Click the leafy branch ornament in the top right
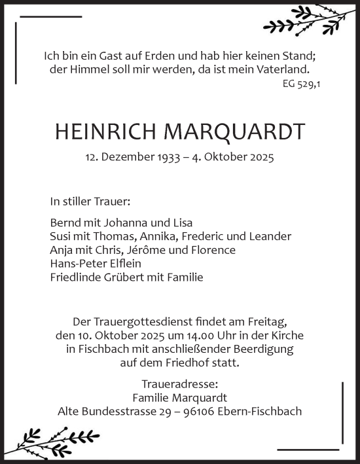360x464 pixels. click(x=300, y=20)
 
